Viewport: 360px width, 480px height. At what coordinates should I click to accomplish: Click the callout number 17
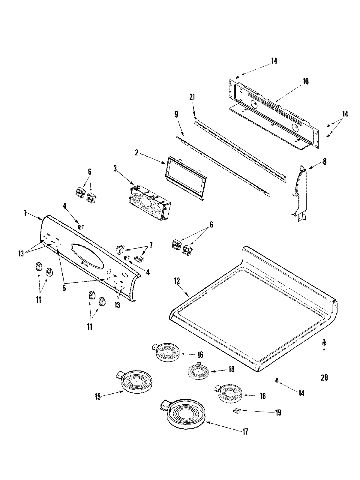tap(245, 432)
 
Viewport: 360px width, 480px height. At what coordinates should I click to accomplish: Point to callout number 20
tap(324, 377)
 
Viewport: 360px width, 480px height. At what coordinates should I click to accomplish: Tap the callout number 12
tap(177, 281)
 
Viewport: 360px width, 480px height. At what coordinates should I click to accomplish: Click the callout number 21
tap(192, 97)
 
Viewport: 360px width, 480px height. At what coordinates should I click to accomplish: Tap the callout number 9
tap(176, 114)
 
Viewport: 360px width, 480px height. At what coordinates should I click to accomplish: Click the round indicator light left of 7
tap(120, 249)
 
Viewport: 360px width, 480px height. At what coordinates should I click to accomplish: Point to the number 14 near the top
tap(274, 61)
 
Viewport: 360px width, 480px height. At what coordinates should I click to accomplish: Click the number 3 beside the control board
tap(115, 169)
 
